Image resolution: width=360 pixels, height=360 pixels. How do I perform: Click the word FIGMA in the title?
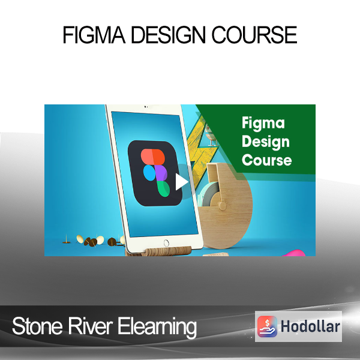coord(94,35)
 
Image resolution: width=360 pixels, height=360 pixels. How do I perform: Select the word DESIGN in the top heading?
coord(168,35)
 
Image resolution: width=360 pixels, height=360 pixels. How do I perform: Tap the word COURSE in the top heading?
coord(254,35)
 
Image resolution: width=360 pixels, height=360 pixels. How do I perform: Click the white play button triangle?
coord(182,182)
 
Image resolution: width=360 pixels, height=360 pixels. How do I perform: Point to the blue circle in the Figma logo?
coord(149,173)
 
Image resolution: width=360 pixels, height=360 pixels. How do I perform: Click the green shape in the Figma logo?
coord(163,188)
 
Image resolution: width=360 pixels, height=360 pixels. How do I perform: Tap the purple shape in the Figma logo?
coord(161,173)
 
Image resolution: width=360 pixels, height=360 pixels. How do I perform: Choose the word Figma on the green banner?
coord(263,124)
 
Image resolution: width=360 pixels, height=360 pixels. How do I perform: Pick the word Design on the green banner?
coord(266,142)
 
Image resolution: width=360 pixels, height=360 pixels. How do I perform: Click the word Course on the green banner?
coord(266,160)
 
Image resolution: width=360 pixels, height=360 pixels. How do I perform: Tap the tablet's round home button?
coord(166,243)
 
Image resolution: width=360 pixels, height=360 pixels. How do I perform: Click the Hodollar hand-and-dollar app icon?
coord(267,326)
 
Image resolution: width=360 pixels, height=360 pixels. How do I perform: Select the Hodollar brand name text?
coord(310,326)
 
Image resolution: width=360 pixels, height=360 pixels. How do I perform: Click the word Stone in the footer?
coord(37,326)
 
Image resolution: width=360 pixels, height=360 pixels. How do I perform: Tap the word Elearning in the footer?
coord(157,328)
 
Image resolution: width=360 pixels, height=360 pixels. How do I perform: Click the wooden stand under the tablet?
coord(158,251)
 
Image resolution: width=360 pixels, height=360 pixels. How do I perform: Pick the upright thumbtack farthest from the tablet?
coord(67,239)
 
